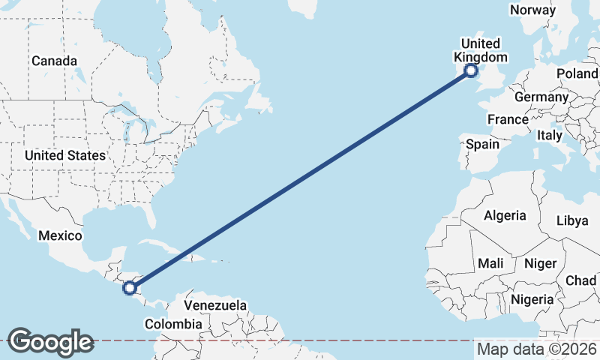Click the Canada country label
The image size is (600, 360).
click(x=53, y=60)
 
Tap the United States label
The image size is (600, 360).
click(x=64, y=155)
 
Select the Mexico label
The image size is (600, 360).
click(x=60, y=235)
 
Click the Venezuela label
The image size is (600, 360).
click(x=215, y=306)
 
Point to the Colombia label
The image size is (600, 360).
click(x=173, y=324)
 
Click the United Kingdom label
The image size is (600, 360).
click(x=481, y=50)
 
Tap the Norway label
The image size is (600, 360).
click(x=532, y=10)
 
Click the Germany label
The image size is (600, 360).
click(x=541, y=97)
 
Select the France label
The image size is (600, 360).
click(x=508, y=119)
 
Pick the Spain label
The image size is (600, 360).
click(x=482, y=144)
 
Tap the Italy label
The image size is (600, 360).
click(x=550, y=136)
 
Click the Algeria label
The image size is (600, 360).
click(x=505, y=215)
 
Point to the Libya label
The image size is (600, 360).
click(x=572, y=220)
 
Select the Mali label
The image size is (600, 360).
click(x=490, y=263)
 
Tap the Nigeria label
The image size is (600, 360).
click(x=532, y=299)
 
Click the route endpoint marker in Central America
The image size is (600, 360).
click(x=130, y=287)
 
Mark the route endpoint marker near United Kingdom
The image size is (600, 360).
click(x=471, y=71)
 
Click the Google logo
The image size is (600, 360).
click(x=50, y=342)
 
